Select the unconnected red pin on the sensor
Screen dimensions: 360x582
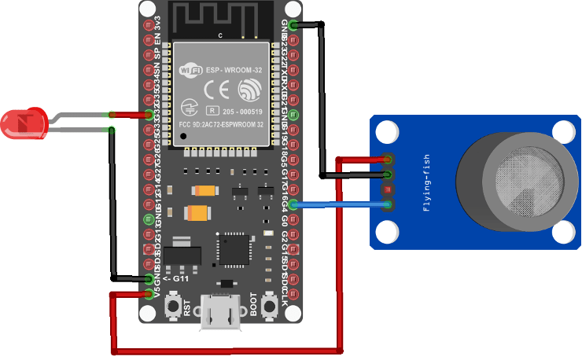click(x=388, y=190)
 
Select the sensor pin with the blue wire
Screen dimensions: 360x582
click(x=388, y=206)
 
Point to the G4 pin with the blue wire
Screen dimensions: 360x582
click(x=293, y=205)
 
